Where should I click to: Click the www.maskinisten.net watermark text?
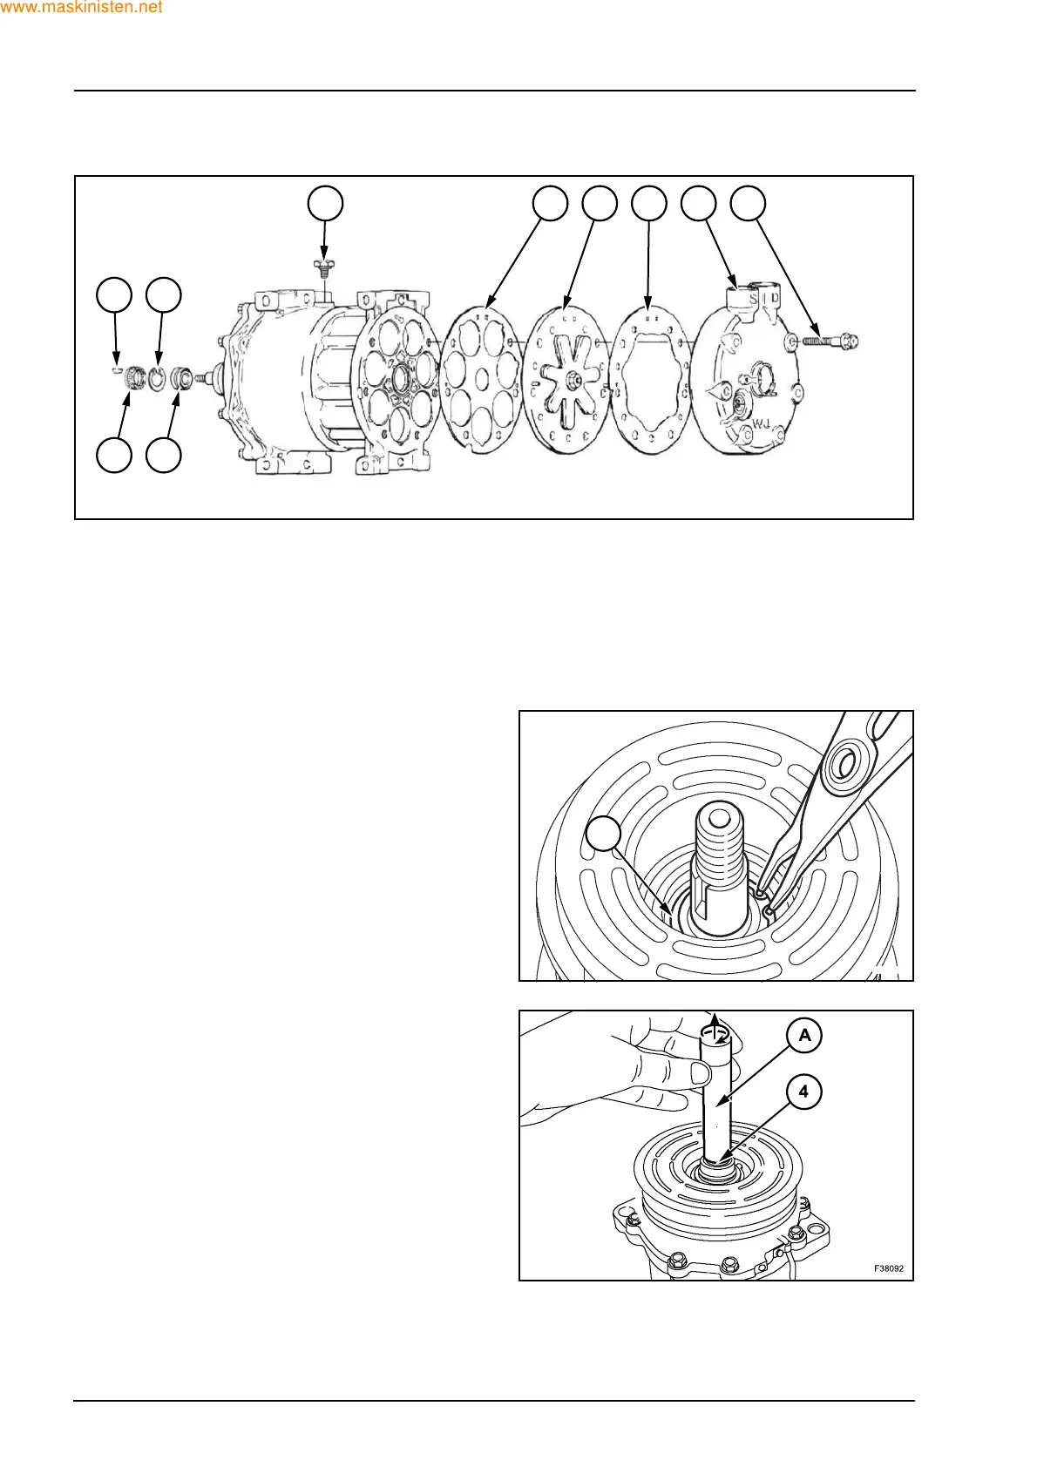coord(82,8)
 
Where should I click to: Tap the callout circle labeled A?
coord(804,1035)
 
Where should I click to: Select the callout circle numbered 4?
coord(803,1091)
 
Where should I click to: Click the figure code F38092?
coord(889,1268)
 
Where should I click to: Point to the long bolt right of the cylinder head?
coord(828,341)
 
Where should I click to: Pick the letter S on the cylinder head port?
coord(753,300)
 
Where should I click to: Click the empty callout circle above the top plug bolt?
coord(325,203)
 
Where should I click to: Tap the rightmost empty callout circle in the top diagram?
coord(748,203)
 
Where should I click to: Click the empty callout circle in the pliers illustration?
coord(603,834)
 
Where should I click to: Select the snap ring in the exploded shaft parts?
coord(157,378)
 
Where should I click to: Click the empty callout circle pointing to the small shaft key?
coord(114,295)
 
